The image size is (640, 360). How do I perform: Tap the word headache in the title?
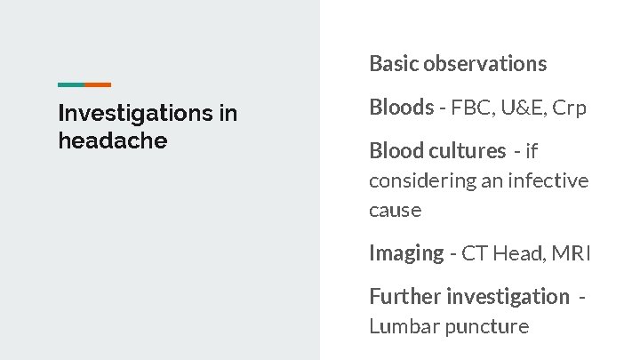point(112,140)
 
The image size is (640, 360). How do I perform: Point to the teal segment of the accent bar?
point(71,84)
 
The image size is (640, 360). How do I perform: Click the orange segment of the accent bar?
point(98,84)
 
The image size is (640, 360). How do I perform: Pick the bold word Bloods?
point(401,108)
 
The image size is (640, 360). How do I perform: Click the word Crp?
point(570,108)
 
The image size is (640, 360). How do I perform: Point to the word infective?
point(548,180)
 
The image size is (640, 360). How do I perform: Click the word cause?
point(395,211)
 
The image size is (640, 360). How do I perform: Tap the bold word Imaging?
point(406,253)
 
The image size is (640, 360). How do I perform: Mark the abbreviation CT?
point(475,253)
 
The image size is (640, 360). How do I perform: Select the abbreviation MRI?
point(571,253)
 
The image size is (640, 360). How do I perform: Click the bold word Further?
point(404,296)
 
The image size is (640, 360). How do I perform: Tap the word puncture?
point(487,327)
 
